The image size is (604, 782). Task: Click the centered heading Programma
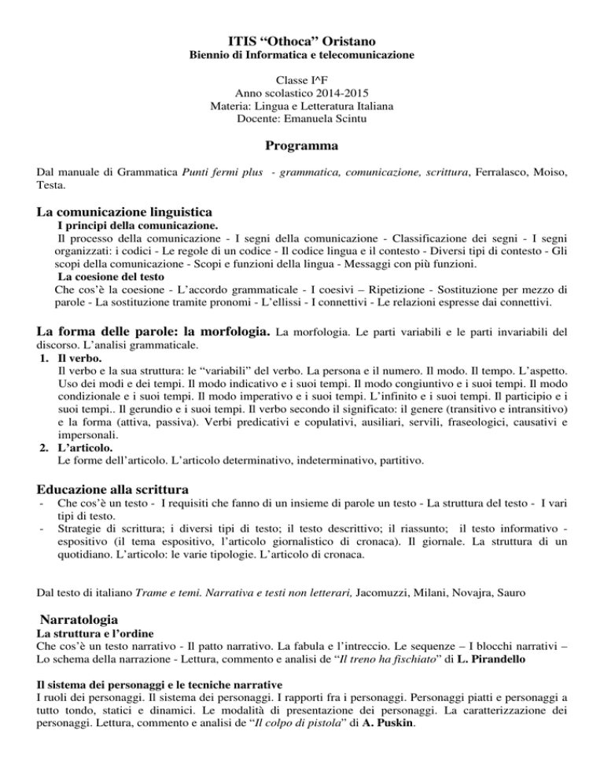tap(302, 146)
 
